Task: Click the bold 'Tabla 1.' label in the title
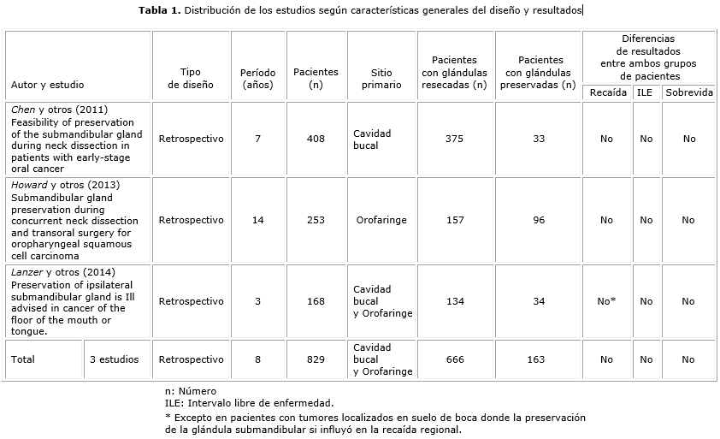(160, 10)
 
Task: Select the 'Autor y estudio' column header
(47, 86)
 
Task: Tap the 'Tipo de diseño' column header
(191, 79)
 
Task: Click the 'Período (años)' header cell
(257, 79)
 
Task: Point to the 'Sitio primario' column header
(381, 79)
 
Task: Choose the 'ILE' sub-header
(646, 92)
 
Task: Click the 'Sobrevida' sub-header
(688, 92)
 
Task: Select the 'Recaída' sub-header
(606, 92)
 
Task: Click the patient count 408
(316, 139)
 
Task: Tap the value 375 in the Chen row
(455, 139)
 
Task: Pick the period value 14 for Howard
(257, 220)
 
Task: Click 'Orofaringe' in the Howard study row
(381, 220)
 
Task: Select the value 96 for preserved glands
(539, 220)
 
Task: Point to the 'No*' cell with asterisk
(606, 301)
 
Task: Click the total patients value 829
(316, 359)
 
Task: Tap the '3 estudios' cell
(114, 359)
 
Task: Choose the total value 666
(455, 359)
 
